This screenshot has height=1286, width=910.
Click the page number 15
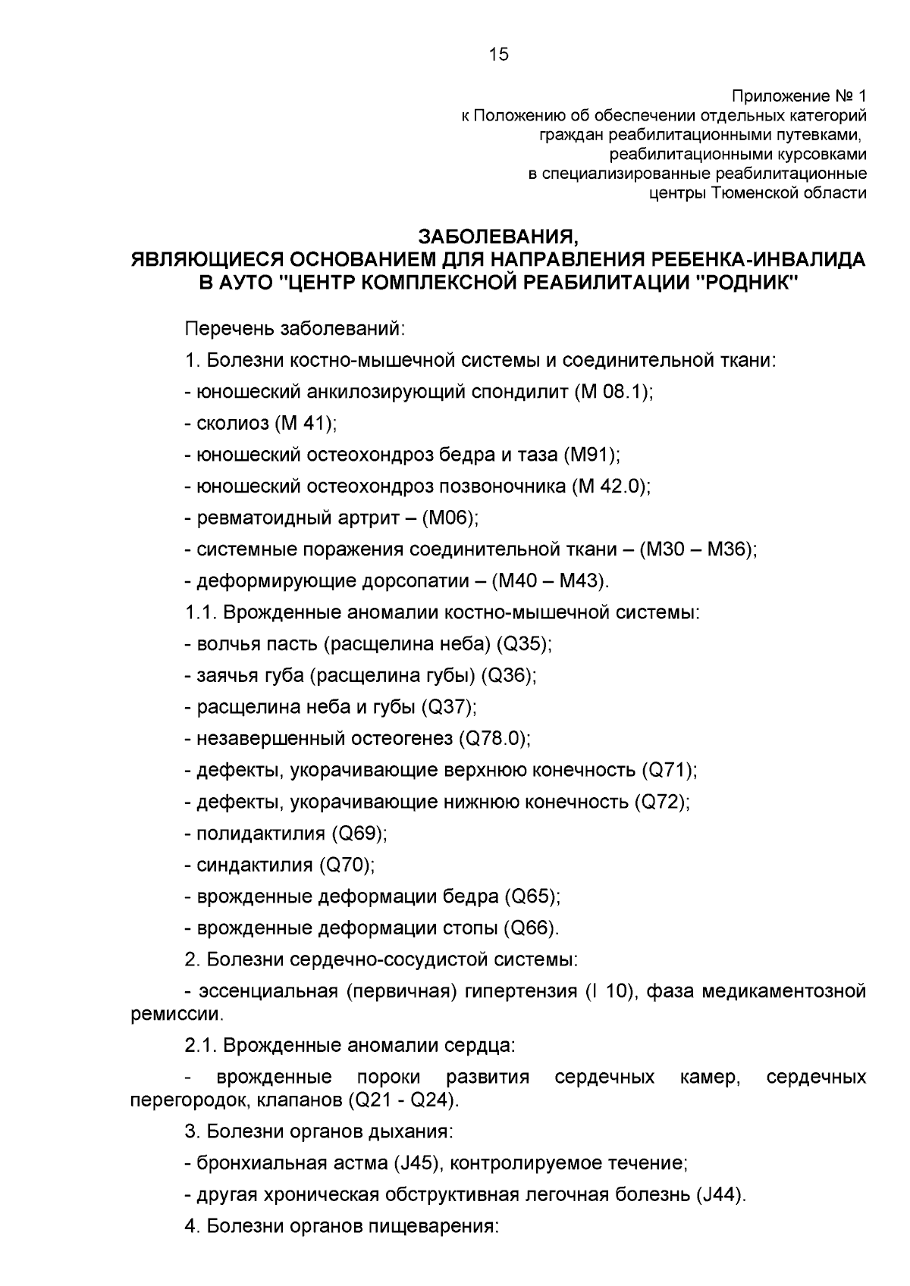pos(499,55)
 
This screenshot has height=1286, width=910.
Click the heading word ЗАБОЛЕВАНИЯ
pos(499,236)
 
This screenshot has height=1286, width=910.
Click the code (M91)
pos(591,455)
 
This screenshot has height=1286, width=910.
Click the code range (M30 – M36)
pos(698,549)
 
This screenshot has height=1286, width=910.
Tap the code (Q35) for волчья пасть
pos(523,644)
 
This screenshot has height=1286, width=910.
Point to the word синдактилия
pos(255,865)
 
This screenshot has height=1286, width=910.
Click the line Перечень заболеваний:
pos(297,329)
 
